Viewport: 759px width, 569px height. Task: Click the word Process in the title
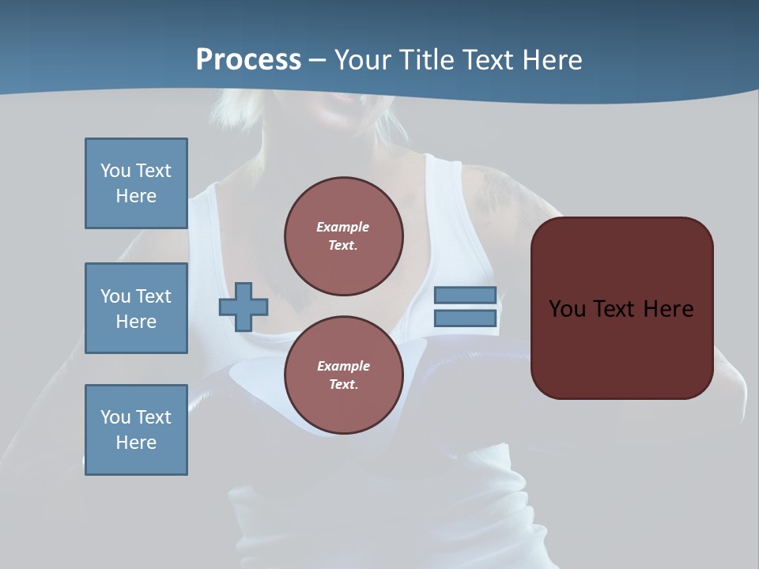(248, 60)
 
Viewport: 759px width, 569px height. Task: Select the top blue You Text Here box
(136, 183)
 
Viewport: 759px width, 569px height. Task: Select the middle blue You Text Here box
(136, 308)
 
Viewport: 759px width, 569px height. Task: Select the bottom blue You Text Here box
(136, 430)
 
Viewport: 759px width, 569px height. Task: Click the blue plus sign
(244, 307)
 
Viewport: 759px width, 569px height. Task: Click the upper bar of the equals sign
(466, 295)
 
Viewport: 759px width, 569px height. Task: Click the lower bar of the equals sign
(466, 318)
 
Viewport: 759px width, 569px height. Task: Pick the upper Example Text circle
(344, 236)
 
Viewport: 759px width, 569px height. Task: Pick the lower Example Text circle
(344, 375)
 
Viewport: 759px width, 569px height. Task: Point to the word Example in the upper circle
(342, 227)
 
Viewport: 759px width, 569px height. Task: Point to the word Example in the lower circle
(342, 366)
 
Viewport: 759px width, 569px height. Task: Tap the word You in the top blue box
(115, 171)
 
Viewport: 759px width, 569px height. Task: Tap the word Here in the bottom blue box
(136, 443)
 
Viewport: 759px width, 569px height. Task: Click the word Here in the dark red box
(669, 309)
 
